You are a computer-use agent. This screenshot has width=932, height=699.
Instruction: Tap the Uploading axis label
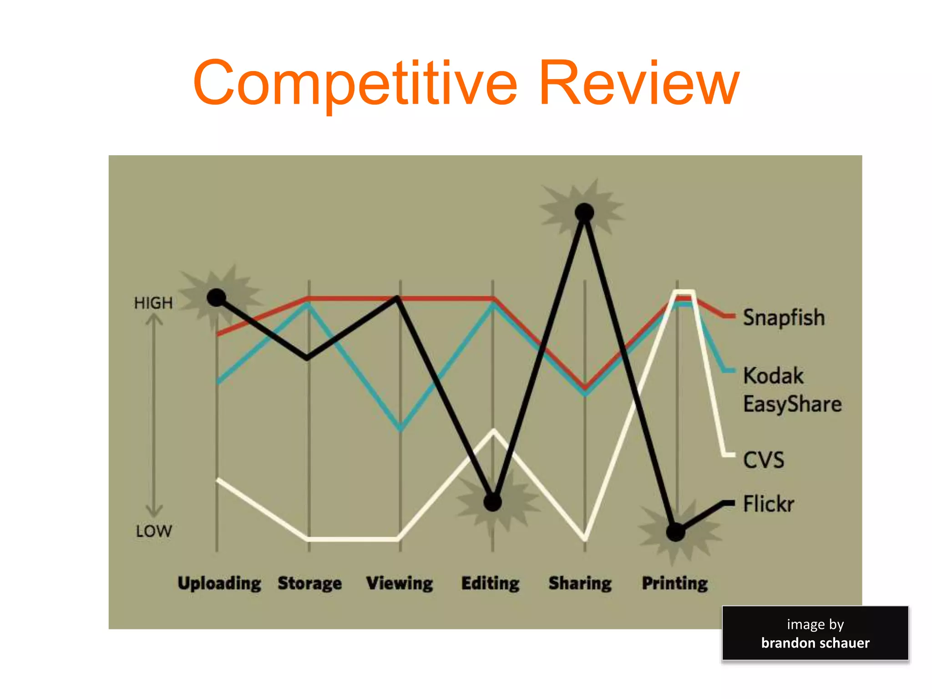(x=219, y=583)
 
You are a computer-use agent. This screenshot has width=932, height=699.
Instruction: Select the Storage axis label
(x=309, y=583)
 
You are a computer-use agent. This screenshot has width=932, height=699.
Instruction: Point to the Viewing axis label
(x=400, y=583)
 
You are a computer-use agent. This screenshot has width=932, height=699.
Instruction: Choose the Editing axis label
(x=490, y=583)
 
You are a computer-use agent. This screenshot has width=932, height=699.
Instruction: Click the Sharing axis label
(x=580, y=583)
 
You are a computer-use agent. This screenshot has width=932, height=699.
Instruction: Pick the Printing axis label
(x=675, y=583)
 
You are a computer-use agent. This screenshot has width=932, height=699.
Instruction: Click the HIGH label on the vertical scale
(x=153, y=303)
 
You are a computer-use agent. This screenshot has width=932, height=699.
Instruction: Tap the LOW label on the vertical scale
(x=154, y=531)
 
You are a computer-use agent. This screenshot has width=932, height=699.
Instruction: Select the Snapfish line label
(x=784, y=317)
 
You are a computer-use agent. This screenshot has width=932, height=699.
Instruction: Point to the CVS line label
(x=764, y=460)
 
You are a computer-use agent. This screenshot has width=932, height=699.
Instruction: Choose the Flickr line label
(x=769, y=504)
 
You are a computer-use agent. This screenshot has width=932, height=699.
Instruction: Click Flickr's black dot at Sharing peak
(x=584, y=212)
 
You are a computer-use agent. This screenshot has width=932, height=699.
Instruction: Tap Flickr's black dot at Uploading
(x=217, y=298)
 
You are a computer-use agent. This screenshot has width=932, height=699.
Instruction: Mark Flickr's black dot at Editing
(x=492, y=502)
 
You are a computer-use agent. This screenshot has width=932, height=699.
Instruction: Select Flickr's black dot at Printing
(x=676, y=532)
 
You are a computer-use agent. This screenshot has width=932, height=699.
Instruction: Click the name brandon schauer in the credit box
(x=815, y=643)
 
